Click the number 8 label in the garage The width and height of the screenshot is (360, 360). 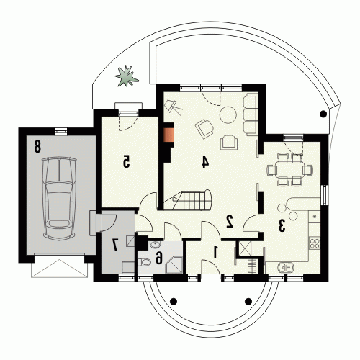[37, 147]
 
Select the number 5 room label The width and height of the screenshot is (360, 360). [126, 161]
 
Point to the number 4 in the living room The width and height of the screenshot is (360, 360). [204, 162]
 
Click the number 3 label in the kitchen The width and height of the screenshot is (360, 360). [282, 225]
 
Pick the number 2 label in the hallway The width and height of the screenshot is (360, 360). [230, 221]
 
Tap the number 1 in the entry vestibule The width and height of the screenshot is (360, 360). [215, 253]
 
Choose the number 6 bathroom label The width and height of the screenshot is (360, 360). [158, 258]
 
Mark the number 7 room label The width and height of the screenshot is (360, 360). [115, 245]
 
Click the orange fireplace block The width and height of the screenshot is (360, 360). [168, 135]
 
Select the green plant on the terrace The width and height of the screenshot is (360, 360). [127, 76]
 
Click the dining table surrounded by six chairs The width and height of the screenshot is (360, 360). [289, 170]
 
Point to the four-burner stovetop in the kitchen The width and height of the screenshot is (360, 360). [315, 243]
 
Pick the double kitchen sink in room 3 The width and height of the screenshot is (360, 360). [286, 267]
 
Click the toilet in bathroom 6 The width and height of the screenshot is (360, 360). [144, 262]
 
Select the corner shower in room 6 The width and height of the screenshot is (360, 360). [174, 265]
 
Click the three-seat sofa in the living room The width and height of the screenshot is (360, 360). [251, 114]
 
